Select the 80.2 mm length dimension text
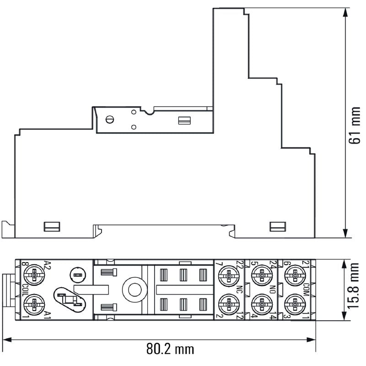tap(170, 349)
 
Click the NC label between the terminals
tap(239, 290)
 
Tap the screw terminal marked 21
tap(295, 276)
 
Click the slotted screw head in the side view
tap(109, 120)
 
